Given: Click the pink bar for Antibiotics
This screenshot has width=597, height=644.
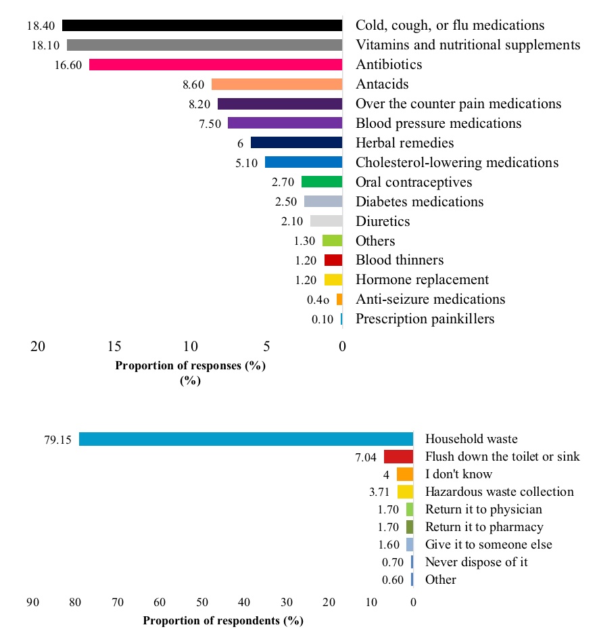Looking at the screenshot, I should tap(216, 65).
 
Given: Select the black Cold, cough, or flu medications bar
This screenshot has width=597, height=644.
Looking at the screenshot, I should tap(202, 26).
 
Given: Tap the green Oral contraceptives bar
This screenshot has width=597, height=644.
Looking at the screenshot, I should tap(322, 182).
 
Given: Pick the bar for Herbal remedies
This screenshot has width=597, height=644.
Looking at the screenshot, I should tap(296, 143).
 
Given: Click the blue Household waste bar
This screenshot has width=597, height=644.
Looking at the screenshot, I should tap(245, 439).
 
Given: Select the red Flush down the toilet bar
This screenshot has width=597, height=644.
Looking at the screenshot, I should tap(398, 457).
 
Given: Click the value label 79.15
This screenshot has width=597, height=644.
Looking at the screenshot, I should tap(57, 440).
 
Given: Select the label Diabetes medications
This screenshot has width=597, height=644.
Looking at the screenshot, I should tap(419, 202).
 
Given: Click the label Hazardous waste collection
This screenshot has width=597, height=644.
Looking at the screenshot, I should tap(499, 492).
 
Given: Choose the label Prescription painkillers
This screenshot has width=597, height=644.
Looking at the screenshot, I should tap(425, 319).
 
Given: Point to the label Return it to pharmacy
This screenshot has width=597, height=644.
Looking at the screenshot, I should tap(484, 527).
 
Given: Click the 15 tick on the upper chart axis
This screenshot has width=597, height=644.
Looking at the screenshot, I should tap(114, 346).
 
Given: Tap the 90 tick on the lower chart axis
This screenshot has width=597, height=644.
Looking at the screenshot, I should tap(33, 602).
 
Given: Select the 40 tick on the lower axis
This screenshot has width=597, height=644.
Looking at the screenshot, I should tap(244, 602).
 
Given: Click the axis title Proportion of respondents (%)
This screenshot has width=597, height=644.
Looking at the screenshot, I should tap(223, 620).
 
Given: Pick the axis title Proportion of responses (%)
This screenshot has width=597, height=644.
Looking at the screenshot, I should tap(191, 366).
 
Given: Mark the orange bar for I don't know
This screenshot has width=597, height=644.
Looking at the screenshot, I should tap(404, 474).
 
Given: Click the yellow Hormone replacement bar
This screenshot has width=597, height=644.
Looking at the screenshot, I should tap(333, 280).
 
